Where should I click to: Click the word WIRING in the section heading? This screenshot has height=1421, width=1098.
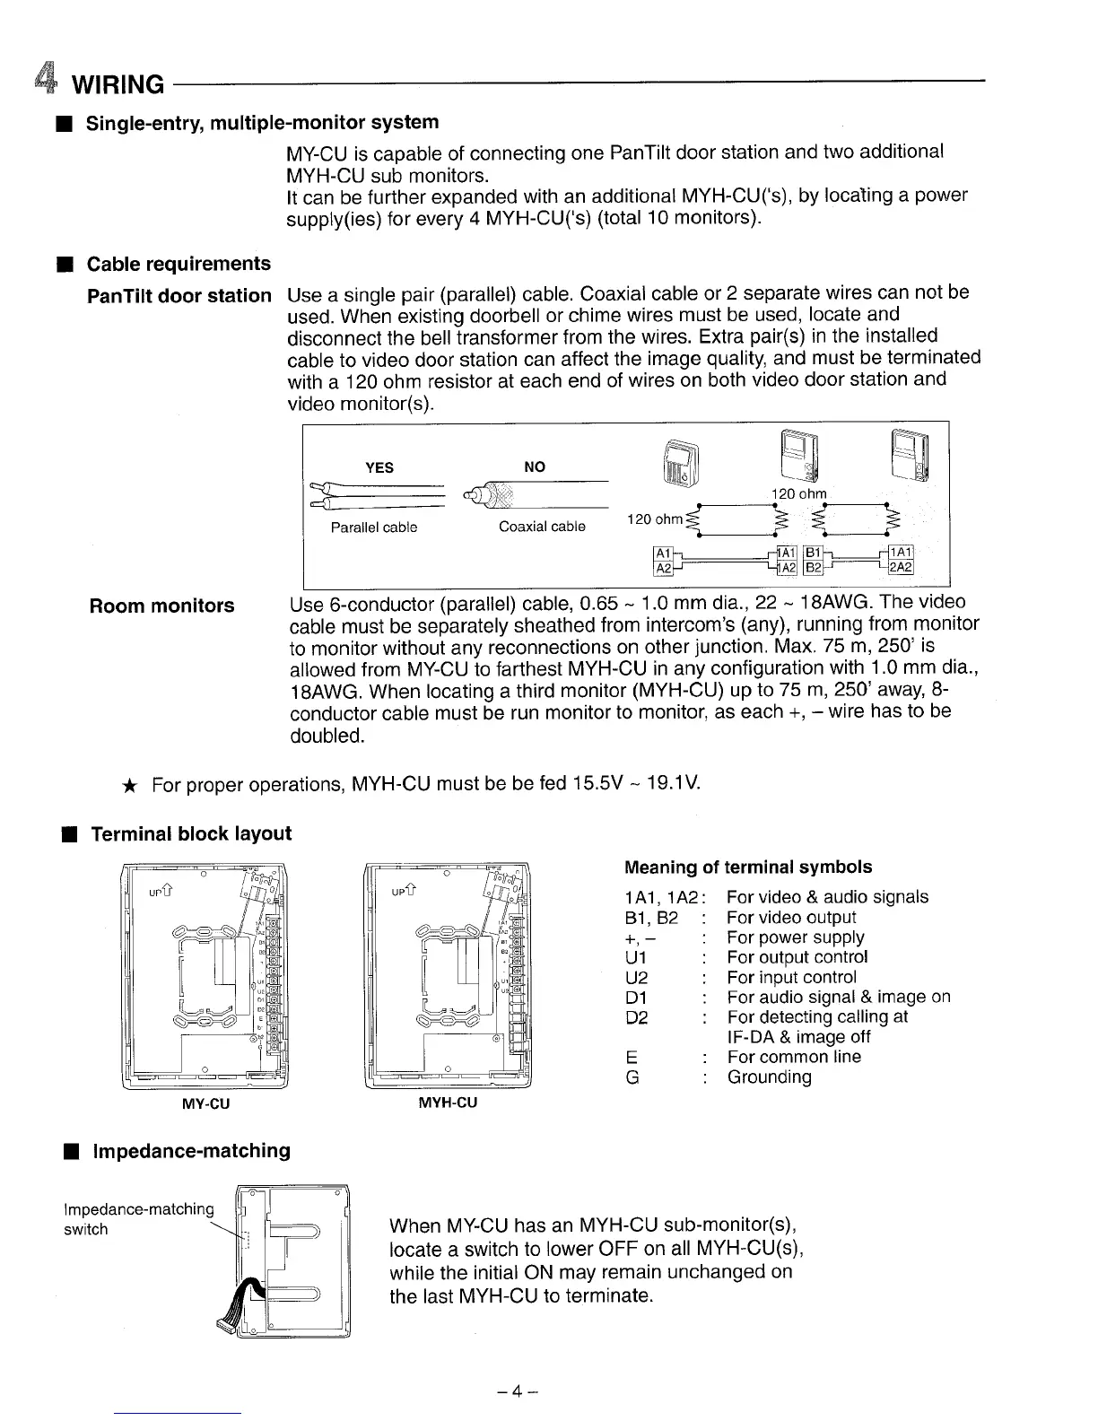[118, 85]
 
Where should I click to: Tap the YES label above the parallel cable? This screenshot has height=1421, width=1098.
[379, 467]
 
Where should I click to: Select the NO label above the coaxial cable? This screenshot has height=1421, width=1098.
[534, 466]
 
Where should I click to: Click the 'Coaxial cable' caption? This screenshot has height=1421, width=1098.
[542, 527]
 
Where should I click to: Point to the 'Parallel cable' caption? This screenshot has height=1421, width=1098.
[373, 527]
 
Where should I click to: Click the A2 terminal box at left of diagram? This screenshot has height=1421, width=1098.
[663, 568]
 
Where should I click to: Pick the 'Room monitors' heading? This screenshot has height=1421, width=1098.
[161, 606]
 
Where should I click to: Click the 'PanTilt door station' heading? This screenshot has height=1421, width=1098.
[179, 296]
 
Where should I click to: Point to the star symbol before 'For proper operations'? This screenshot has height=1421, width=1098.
[129, 787]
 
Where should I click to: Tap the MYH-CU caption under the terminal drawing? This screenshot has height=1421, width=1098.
[448, 1103]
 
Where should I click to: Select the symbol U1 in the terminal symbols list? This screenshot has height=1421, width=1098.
[635, 957]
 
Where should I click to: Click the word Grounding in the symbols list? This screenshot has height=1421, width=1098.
[769, 1077]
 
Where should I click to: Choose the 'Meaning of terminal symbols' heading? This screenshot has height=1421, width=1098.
[747, 867]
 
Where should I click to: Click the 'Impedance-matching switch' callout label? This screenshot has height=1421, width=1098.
[138, 1218]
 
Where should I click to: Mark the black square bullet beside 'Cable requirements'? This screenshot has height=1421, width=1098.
[65, 264]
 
